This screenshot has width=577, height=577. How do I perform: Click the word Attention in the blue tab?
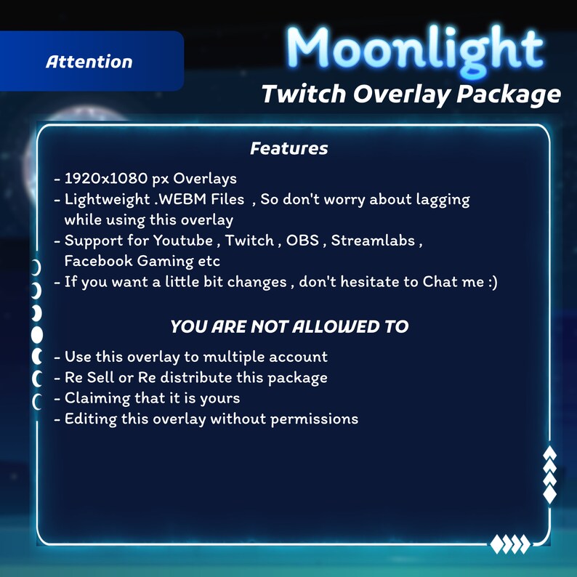89,62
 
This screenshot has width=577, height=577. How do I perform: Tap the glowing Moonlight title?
415,50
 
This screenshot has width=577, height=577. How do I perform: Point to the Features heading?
288,149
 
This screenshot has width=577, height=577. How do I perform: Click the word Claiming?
95,398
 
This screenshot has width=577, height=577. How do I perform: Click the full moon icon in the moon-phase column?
36,335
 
